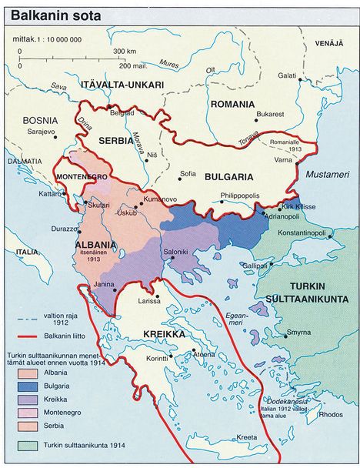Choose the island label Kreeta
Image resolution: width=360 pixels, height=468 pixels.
[248, 437]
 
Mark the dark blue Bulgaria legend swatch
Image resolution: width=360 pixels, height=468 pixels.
[28, 383]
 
